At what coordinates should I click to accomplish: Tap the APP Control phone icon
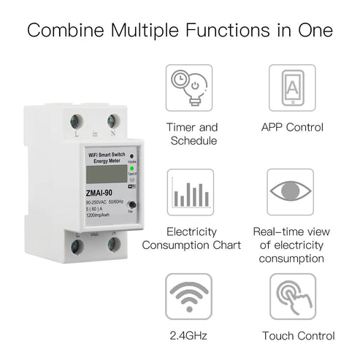(292, 88)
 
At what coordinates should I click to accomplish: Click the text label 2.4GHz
(189, 336)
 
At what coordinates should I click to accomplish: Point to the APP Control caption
(292, 127)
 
